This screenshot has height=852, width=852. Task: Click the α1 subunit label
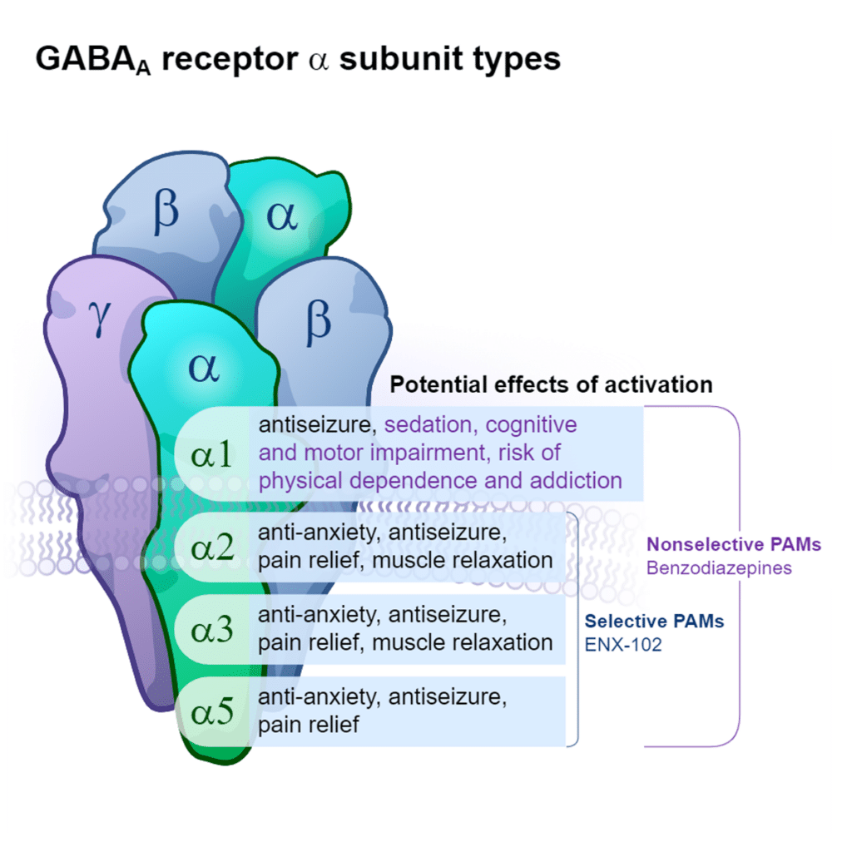(x=211, y=454)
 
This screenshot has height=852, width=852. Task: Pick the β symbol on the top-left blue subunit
(x=166, y=212)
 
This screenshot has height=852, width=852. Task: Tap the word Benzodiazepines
(x=720, y=568)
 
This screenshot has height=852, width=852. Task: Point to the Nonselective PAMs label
(x=734, y=545)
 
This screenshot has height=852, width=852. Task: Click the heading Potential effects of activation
(x=552, y=385)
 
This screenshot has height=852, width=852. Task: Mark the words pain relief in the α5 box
(x=309, y=725)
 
